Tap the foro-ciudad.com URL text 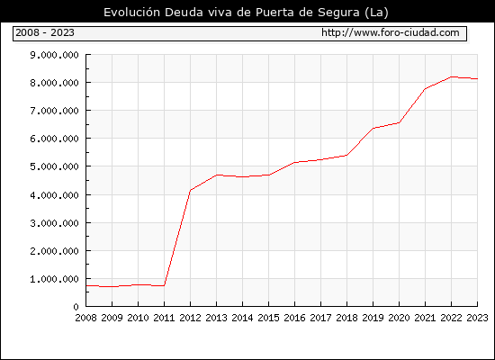391,32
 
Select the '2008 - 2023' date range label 45,32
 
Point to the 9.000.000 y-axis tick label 54,55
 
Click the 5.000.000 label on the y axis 54,166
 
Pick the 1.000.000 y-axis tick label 54,279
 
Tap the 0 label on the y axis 76,307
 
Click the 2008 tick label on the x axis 85,318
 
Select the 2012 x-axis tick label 191,318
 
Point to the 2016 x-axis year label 294,318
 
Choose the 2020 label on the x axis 399,318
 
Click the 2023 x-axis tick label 477,318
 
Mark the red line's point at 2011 164,285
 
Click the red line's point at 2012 191,190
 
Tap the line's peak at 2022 452,76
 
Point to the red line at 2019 373,128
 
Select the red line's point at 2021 425,89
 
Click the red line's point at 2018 346,155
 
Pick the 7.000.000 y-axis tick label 54,111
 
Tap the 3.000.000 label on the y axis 54,223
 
